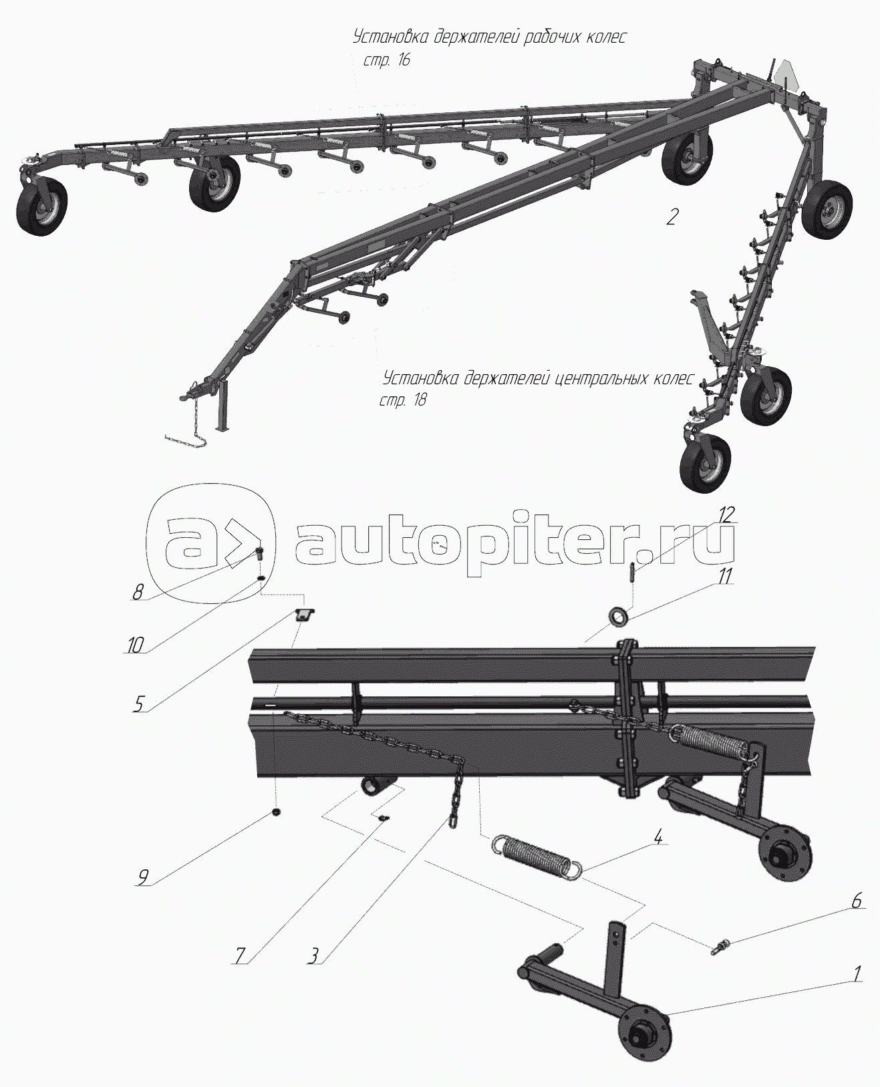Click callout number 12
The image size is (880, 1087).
click(x=726, y=515)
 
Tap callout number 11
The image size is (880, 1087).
click(x=724, y=576)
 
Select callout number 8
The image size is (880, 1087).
click(x=138, y=593)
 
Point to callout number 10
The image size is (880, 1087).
click(x=135, y=646)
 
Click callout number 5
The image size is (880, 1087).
click(x=139, y=704)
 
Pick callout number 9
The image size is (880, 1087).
click(x=143, y=877)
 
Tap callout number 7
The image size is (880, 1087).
click(x=240, y=955)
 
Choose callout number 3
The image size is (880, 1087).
click(x=314, y=955)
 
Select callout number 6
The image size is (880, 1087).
click(x=855, y=901)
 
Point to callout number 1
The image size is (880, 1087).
click(x=857, y=973)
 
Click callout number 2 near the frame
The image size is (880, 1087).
click(x=672, y=217)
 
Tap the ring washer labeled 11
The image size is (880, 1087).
click(x=618, y=614)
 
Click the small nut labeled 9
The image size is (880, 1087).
click(x=276, y=813)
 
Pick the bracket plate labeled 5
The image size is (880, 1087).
click(x=305, y=615)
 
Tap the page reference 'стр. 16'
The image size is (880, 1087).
click(x=386, y=60)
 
